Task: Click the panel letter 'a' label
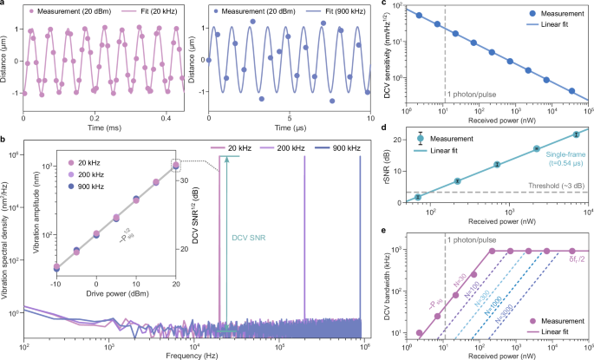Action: coord(5,5)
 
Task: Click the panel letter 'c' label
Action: coord(408,5)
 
